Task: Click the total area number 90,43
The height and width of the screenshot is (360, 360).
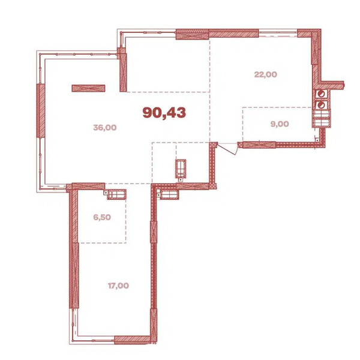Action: [x=164, y=113]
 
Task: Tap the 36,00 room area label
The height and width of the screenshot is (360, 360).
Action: [x=105, y=127]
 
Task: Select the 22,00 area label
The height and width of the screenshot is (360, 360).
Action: [x=266, y=74]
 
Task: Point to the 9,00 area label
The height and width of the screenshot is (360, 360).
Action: [x=280, y=124]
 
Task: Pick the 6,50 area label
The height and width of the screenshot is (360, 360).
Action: [x=102, y=217]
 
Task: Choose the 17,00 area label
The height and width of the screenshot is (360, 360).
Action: [x=118, y=286]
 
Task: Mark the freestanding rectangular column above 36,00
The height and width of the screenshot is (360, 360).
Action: [x=88, y=88]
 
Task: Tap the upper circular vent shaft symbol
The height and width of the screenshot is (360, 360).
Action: [x=321, y=94]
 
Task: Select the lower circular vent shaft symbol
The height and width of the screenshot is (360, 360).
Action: [x=321, y=104]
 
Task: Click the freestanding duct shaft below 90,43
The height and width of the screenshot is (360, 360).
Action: [x=181, y=169]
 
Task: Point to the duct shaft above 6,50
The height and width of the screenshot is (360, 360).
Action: [x=116, y=194]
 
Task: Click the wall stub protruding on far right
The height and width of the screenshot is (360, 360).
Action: [x=332, y=85]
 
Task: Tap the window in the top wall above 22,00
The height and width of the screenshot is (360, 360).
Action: [x=278, y=33]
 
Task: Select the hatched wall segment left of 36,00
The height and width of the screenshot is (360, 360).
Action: [x=41, y=110]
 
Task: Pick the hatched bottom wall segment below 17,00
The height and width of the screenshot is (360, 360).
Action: [x=132, y=340]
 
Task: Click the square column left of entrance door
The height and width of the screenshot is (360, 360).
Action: [x=214, y=145]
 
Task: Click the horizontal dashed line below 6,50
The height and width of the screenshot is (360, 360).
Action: [x=103, y=242]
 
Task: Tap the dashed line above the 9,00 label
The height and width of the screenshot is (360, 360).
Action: [x=277, y=107]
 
